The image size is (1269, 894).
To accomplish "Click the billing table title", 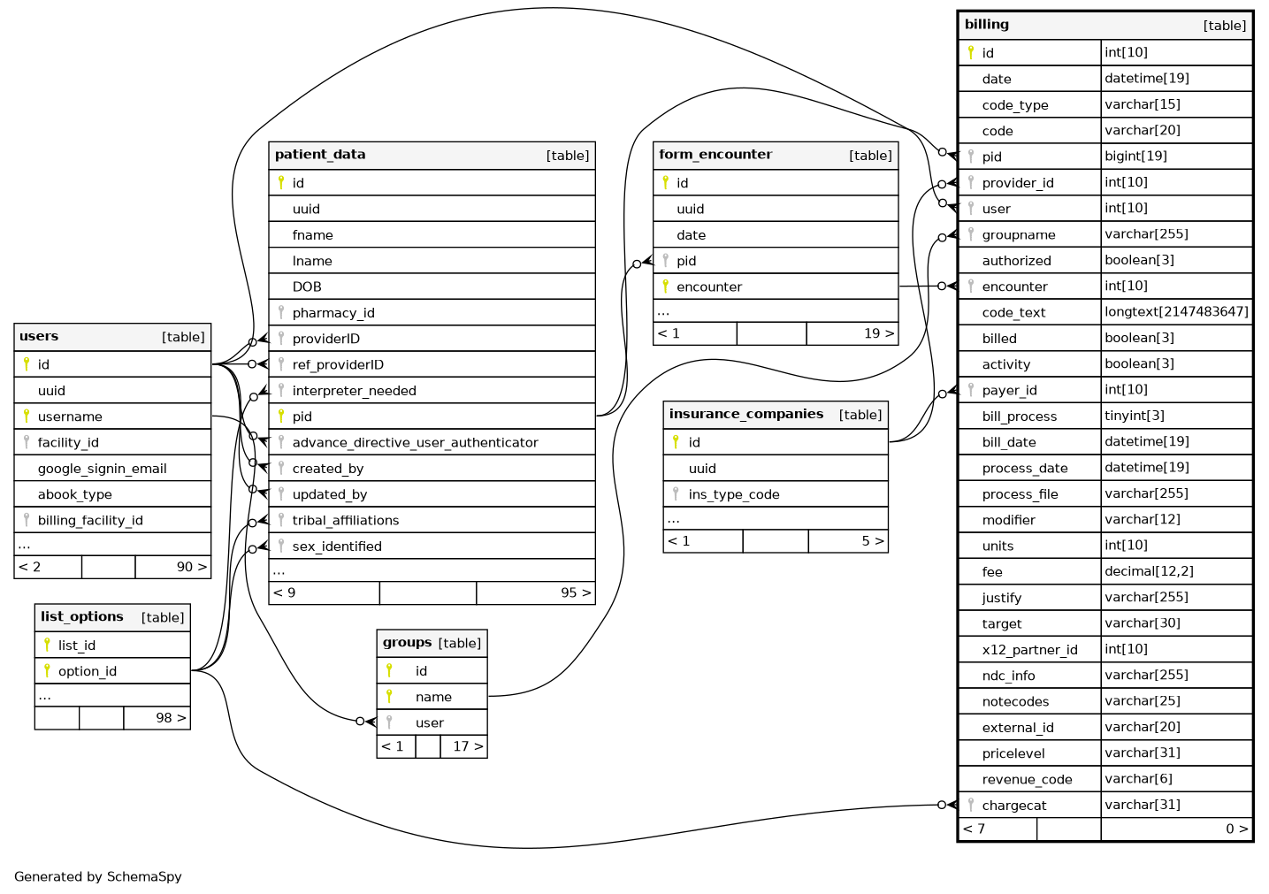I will tap(987, 25).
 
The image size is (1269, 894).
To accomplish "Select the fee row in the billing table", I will tap(992, 572).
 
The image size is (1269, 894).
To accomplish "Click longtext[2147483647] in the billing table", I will tap(1176, 311).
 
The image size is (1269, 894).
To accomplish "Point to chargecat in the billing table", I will tap(1013, 806).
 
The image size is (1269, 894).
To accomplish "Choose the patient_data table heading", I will tap(320, 155).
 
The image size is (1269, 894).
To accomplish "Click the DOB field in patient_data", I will tap(307, 287).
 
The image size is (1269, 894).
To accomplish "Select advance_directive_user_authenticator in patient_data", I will tap(415, 442).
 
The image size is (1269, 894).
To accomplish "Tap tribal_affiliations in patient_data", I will tap(345, 520).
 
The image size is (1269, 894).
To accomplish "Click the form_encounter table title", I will tap(715, 155).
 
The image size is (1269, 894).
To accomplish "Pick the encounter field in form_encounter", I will tap(708, 287).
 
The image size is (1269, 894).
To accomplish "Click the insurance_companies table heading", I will tap(745, 414).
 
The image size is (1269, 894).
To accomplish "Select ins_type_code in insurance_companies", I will tap(733, 494).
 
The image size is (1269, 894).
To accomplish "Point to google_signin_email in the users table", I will tap(102, 469).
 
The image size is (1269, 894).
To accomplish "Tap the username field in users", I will tap(70, 416).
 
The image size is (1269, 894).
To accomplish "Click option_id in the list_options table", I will tap(87, 671).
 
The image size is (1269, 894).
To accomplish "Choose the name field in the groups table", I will tap(433, 697).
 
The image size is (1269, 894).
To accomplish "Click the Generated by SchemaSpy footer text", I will tap(97, 876).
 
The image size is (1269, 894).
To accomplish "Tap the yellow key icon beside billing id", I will tap(970, 52).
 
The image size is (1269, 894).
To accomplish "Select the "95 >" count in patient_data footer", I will tap(576, 592).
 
